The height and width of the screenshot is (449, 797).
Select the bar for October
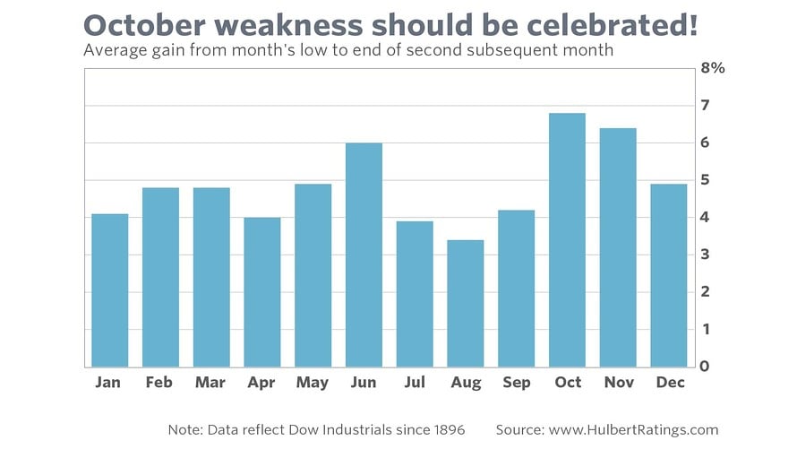567,240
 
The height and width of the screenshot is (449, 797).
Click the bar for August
465,304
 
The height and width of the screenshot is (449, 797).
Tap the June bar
364,255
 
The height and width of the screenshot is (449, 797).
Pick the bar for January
109,290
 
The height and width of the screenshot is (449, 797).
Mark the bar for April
261,292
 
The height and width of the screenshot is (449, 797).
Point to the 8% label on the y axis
713,68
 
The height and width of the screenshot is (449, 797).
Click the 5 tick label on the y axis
706,180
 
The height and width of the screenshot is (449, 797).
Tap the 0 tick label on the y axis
706,367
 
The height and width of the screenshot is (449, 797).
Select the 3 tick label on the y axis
706,255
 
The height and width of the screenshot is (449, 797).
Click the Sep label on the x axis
516,383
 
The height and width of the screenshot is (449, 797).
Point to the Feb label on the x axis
159,383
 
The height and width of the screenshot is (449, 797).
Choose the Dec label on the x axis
669,383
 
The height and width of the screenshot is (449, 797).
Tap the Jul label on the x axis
414,383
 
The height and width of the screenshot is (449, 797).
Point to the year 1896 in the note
444,429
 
